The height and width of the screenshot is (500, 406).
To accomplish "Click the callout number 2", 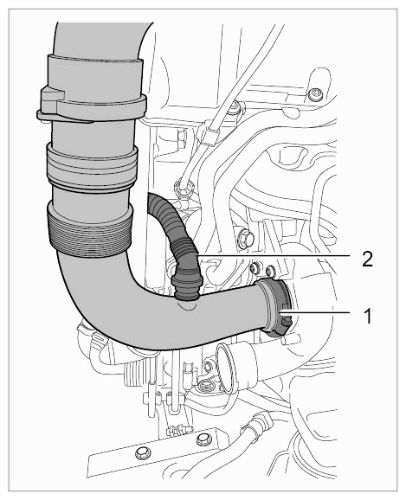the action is coord(367,259).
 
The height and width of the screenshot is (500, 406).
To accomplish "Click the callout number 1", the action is coord(368,316).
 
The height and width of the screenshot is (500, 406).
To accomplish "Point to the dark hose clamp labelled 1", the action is coord(277,308).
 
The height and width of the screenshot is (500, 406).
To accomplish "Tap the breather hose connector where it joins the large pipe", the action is coord(187,287).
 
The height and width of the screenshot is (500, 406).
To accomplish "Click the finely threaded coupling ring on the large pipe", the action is coord(89,230).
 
